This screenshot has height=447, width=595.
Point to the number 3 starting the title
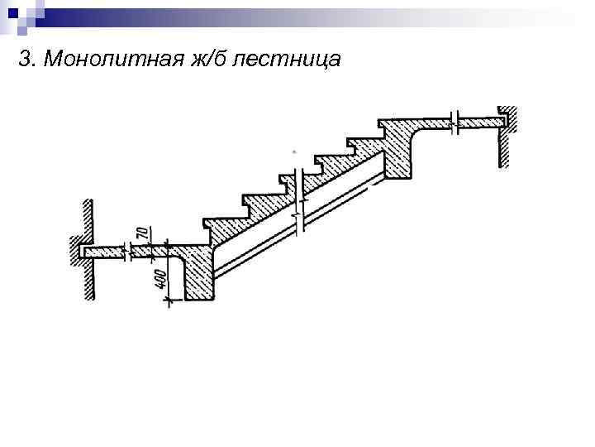(x=23, y=60)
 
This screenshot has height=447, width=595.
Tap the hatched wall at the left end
(x=86, y=248)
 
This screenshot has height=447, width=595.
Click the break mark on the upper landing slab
(x=455, y=121)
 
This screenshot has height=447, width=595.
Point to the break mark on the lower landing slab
(x=126, y=249)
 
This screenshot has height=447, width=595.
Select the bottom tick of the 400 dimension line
(x=169, y=302)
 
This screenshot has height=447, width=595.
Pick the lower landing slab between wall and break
(x=106, y=250)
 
